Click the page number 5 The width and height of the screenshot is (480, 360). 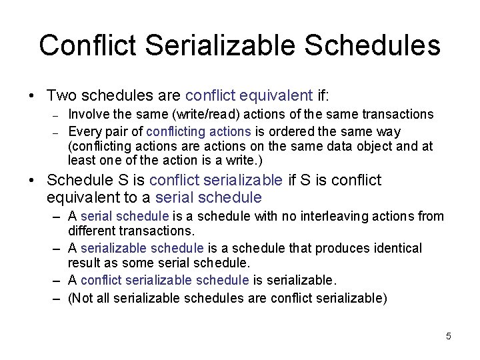(x=449, y=336)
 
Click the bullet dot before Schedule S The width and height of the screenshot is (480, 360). (x=32, y=181)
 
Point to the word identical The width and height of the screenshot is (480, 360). (x=397, y=249)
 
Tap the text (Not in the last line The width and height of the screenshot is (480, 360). (x=81, y=298)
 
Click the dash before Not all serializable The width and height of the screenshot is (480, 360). (x=58, y=298)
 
